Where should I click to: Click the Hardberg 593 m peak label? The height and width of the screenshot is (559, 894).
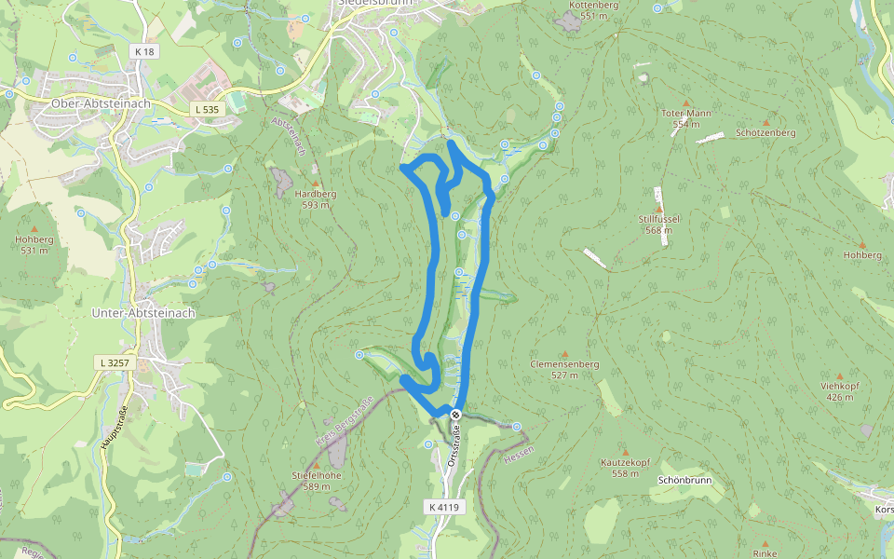point(315,198)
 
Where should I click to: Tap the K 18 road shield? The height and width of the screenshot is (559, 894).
point(143,52)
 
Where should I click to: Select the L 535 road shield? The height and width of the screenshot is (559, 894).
point(206,109)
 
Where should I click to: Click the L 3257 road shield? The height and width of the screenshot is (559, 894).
point(111,361)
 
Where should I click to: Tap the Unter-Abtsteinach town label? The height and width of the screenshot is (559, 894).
point(143,313)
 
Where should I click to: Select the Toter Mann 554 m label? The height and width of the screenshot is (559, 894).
point(686,118)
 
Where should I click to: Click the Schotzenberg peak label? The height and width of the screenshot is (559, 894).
point(765,133)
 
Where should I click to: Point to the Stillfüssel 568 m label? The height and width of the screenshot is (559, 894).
point(659,224)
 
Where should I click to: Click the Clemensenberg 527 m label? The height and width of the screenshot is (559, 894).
point(564,369)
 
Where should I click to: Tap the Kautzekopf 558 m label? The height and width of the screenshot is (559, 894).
point(625,468)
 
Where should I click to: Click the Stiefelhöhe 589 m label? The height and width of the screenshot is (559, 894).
point(317,480)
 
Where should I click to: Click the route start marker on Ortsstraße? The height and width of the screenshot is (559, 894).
point(455,415)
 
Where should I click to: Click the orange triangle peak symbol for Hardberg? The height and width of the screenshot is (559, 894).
point(315,184)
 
